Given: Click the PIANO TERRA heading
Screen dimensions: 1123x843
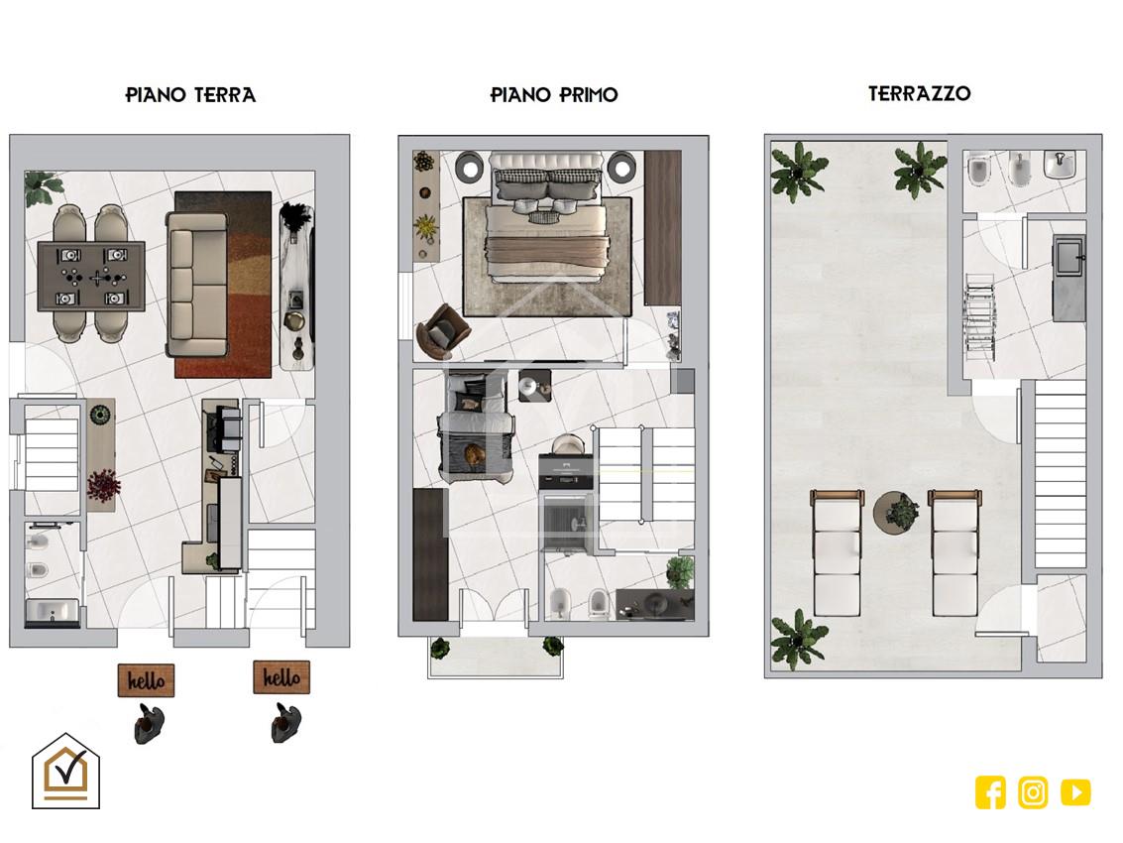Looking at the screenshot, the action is (x=190, y=94).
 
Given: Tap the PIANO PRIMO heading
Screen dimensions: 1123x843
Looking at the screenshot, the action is (x=554, y=94).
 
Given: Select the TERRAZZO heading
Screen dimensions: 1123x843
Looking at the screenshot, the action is (x=920, y=93).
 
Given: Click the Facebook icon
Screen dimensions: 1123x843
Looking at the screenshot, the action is (x=990, y=792).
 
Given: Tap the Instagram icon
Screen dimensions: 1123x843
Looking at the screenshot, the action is (x=1033, y=792).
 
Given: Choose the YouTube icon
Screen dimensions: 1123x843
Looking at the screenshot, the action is (x=1075, y=792).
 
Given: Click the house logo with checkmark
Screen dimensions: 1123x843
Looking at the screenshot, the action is (x=65, y=772).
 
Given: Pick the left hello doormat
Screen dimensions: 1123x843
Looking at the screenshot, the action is (x=146, y=680).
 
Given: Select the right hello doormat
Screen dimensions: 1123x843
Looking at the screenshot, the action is (x=281, y=677).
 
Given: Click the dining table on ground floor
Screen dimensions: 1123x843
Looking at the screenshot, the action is (x=91, y=276).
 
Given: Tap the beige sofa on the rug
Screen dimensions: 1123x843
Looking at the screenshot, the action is (x=197, y=284).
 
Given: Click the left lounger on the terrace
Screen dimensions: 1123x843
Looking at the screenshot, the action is (x=837, y=552).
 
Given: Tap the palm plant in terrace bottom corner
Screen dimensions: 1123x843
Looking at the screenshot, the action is (x=799, y=639).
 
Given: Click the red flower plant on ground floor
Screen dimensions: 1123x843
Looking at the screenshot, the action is (x=103, y=485).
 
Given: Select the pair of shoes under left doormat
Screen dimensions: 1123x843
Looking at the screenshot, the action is (x=149, y=723).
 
